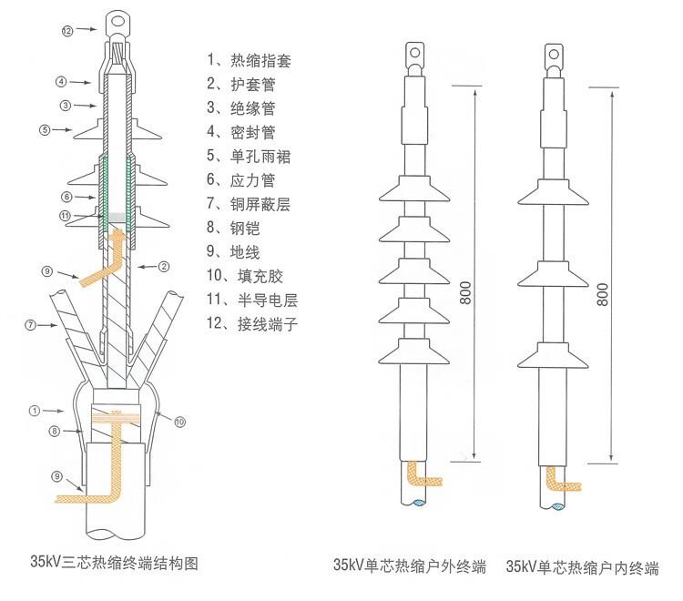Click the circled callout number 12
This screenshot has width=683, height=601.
tap(66, 31)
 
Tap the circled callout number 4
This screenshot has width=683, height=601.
tap(61, 82)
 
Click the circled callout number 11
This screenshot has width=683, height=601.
tap(65, 216)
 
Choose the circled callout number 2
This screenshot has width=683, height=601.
tap(165, 266)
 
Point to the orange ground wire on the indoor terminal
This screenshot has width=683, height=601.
tap(558, 480)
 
